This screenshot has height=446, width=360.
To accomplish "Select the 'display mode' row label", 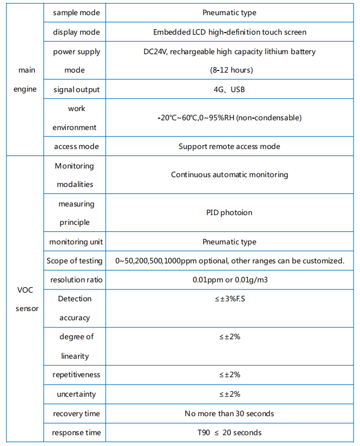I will point(76,32).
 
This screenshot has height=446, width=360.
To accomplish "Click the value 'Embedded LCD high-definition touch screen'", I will point(230,32).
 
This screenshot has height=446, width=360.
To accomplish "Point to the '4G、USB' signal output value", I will point(230,89).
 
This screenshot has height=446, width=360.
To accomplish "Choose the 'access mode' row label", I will point(76,146).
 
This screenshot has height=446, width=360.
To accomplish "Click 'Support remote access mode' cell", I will point(230,146).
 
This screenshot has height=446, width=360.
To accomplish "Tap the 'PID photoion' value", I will point(230,212).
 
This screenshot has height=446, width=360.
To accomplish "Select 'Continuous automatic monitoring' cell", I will point(230,174).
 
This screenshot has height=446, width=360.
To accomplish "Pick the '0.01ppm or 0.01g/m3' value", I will point(230,280).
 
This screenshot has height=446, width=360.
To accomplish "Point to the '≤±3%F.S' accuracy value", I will point(230,299).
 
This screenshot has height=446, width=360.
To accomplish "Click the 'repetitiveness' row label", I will point(76,374).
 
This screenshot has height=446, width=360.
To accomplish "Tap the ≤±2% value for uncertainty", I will point(230,394).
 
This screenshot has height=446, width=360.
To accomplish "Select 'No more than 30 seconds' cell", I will point(230,413).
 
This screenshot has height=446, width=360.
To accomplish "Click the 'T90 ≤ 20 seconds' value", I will point(230,432).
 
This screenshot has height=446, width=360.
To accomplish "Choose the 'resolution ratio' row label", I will point(76,280).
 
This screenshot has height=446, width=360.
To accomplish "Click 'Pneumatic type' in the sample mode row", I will point(230,12).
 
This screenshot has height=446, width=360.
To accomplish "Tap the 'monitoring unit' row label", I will point(76,242).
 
